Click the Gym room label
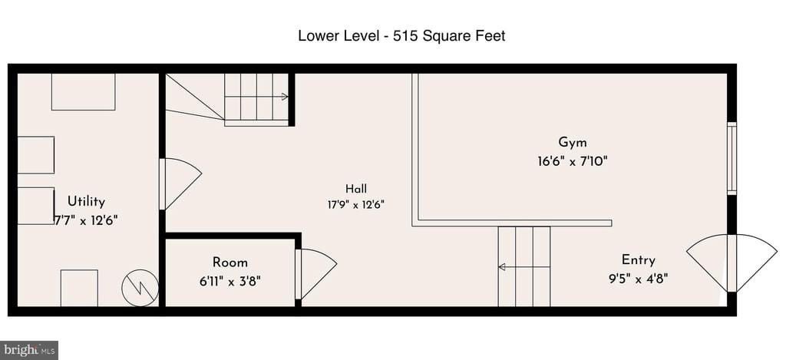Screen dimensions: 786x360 [573, 143]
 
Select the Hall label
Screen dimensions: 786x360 [356, 189]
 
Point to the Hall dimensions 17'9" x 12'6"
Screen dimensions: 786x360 [355, 204]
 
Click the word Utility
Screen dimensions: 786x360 [86, 202]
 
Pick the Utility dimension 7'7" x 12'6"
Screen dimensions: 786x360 [85, 220]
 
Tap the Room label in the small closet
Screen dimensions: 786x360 [230, 263]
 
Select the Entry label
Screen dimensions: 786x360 [638, 260]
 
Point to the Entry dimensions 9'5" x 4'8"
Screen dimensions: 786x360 [638, 279]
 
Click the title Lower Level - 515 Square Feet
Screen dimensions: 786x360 [401, 36]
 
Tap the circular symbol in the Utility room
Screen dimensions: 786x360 [140, 288]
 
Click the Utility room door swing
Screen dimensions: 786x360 [180, 184]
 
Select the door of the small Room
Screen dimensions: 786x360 [315, 274]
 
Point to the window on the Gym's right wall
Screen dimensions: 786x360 [732, 158]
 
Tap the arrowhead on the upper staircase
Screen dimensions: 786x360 [285, 97]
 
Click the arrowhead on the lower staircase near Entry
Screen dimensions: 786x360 [501, 267]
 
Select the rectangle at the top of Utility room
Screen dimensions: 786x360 [83, 92]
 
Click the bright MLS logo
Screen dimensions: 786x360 [28, 350]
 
